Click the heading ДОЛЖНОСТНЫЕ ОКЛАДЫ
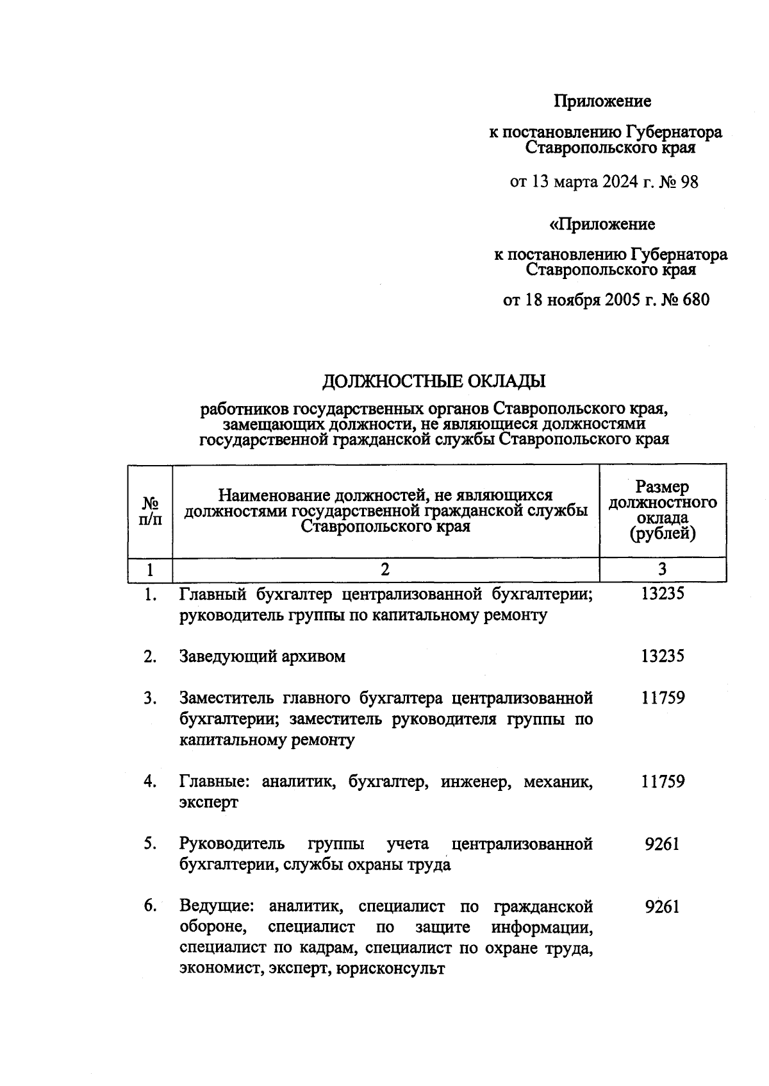433,382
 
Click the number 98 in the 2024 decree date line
689,182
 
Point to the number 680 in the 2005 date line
695,300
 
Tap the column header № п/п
150,511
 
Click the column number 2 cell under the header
385,569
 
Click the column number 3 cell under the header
662,569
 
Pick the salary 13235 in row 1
663,594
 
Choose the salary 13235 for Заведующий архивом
663,656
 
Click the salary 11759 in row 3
663,698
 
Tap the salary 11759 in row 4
663,781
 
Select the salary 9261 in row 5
662,844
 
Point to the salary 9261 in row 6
662,906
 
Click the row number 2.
150,656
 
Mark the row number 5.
150,844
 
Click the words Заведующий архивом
262,656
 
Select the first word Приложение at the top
602,101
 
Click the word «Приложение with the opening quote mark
602,225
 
